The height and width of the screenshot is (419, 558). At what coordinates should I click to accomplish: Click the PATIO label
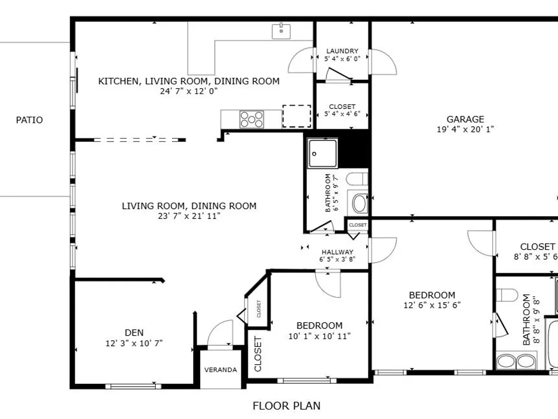tap(30, 120)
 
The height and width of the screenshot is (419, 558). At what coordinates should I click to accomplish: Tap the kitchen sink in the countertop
tap(281, 31)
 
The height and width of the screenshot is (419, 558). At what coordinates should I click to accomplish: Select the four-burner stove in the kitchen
tap(252, 120)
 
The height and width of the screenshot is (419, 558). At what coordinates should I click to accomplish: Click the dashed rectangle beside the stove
tap(297, 116)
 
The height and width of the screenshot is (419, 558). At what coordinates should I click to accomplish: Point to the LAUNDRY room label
tap(343, 51)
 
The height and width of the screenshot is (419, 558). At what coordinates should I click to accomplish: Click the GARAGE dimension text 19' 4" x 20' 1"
tap(465, 129)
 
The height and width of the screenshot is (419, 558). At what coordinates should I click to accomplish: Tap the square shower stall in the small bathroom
tap(323, 154)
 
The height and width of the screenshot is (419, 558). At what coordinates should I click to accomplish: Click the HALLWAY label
tap(338, 252)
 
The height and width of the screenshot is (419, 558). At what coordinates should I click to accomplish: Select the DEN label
tap(134, 333)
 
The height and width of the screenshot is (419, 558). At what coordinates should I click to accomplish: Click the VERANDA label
tap(220, 370)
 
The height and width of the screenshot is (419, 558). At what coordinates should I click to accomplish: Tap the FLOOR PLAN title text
tap(286, 406)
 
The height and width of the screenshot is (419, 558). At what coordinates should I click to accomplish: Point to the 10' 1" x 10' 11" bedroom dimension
tap(320, 336)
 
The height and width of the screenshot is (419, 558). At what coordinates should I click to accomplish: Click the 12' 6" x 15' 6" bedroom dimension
tap(432, 306)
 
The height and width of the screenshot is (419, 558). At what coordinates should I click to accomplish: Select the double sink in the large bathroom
tap(516, 361)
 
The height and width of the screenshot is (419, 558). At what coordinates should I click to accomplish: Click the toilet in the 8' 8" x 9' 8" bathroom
tap(507, 296)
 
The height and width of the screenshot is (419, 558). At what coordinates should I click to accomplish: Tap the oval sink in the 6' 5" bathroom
tap(360, 203)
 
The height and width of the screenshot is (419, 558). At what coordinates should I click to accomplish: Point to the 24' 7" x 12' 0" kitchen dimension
tap(189, 91)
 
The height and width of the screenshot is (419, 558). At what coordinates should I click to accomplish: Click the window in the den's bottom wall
tap(133, 386)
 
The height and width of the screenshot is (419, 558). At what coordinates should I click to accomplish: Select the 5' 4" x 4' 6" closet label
tap(343, 114)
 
